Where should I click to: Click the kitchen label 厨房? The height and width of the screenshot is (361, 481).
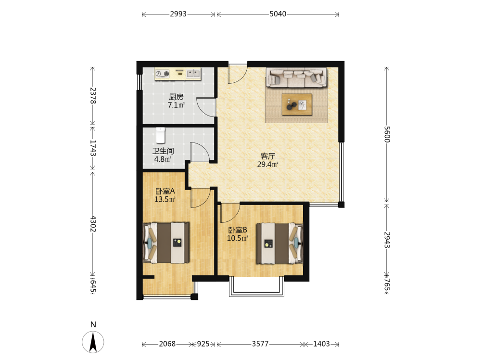coord(176,97)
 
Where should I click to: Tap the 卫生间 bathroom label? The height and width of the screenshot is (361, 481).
coord(163,151)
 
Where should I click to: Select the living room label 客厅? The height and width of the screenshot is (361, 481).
coord(268,156)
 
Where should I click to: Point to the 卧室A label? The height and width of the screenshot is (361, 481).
coord(165,191)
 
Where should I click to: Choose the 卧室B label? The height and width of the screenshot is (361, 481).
coord(238,230)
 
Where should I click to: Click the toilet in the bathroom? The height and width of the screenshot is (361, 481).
coord(161,135)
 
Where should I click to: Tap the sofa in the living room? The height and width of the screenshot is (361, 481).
coord(296,77)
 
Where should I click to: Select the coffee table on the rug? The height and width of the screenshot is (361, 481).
coord(297,104)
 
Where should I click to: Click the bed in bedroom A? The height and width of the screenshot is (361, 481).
coord(166,243)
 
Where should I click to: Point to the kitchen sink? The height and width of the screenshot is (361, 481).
coord(193,73)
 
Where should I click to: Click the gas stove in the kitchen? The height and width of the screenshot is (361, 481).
coord(162,74)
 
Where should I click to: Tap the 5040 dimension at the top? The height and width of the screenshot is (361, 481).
coord(278,14)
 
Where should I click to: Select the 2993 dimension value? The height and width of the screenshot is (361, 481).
coord(178,14)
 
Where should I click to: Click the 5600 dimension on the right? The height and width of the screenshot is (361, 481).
coord(387,134)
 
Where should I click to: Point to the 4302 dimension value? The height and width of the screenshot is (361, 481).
coord(93,223)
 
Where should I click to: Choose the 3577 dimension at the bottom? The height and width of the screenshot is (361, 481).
coord(260,344)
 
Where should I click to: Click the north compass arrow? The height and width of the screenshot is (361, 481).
coord(93,342)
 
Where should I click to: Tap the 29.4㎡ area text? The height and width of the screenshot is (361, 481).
coord(268,165)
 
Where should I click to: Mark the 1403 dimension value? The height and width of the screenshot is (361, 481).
coord(321,344)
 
